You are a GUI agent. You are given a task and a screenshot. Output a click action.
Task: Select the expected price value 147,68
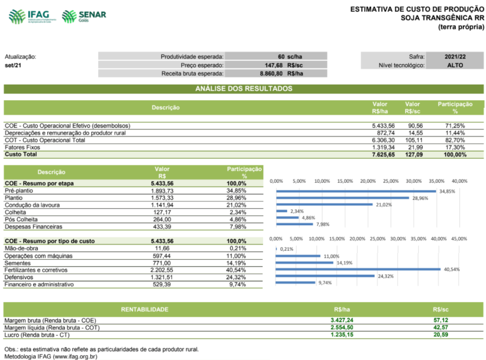tap(274, 65)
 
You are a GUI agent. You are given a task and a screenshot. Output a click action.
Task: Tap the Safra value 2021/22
tap(455, 57)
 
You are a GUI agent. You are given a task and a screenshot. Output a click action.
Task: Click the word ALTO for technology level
tap(455, 65)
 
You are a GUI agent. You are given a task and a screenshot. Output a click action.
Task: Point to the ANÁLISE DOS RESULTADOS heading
tap(243, 89)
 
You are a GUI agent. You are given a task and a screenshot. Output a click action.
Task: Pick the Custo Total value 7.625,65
tap(383, 154)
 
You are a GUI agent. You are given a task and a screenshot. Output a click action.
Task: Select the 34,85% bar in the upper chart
tap(355, 191)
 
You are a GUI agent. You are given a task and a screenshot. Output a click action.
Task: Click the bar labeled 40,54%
tap(358, 269)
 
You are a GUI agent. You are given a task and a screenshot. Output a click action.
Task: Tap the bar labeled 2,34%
tap(281, 211)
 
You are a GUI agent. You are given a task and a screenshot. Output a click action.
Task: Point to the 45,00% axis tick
tap(459, 239)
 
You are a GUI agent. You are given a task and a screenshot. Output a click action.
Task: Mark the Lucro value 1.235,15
tap(342, 335)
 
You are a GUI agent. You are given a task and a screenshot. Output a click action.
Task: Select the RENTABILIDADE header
tap(144, 310)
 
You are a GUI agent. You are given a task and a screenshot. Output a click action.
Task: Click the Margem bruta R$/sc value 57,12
tap(441, 321)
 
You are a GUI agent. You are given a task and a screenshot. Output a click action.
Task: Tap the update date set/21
tap(13, 65)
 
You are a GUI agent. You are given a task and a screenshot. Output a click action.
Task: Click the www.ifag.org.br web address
tap(75, 356)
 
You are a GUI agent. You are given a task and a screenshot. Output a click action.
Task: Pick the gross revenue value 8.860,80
tap(271, 74)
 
